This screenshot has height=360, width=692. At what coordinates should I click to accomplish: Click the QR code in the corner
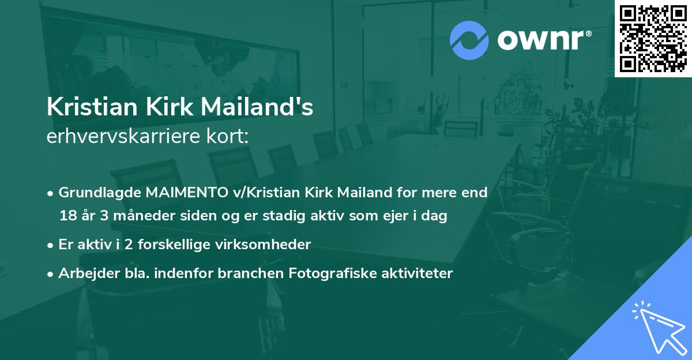coord(653,39)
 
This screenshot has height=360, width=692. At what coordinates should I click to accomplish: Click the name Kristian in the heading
coord(87,108)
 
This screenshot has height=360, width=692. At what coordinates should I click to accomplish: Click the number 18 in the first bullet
coord(67,216)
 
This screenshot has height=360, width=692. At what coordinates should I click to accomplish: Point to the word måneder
coord(137,216)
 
